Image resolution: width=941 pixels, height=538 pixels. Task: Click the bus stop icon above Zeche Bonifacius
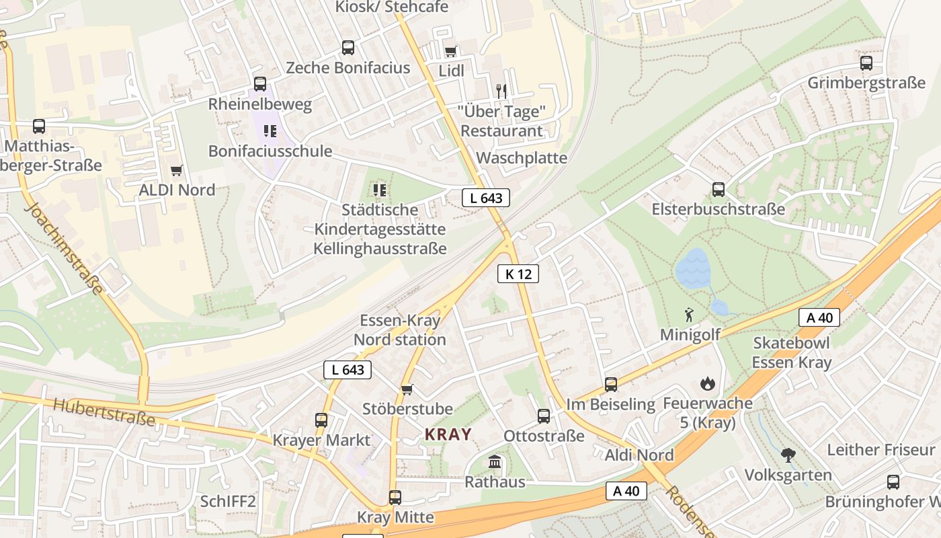(x=347, y=48)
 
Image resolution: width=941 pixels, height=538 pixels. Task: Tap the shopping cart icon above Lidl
(x=450, y=52)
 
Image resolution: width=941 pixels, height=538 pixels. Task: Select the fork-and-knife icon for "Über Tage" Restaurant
(x=501, y=91)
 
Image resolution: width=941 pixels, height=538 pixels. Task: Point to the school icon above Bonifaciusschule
(x=270, y=131)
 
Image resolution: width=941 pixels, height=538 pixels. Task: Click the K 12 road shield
(x=518, y=274)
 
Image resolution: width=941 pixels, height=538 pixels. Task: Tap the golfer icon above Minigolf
(x=689, y=315)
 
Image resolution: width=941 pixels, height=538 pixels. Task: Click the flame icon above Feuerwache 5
(x=707, y=384)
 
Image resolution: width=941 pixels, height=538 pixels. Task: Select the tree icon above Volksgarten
(x=788, y=455)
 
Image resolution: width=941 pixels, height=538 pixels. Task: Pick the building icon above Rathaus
(x=495, y=462)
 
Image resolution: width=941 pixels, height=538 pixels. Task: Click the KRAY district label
(x=448, y=434)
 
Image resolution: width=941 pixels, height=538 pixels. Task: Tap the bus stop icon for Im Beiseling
(x=610, y=385)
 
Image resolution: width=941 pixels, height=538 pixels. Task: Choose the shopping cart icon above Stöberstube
(x=407, y=389)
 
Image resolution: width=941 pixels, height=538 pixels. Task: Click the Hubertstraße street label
(x=104, y=412)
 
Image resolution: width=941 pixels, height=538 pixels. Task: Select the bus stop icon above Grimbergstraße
(x=866, y=63)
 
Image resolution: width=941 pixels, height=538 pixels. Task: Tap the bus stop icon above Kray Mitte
(x=395, y=498)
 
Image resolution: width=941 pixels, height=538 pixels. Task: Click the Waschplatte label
(x=522, y=158)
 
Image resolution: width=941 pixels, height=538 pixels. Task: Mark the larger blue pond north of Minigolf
(x=692, y=269)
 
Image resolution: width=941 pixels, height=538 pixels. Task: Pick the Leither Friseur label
(x=881, y=449)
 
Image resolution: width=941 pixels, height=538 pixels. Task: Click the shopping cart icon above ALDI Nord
(x=177, y=171)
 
